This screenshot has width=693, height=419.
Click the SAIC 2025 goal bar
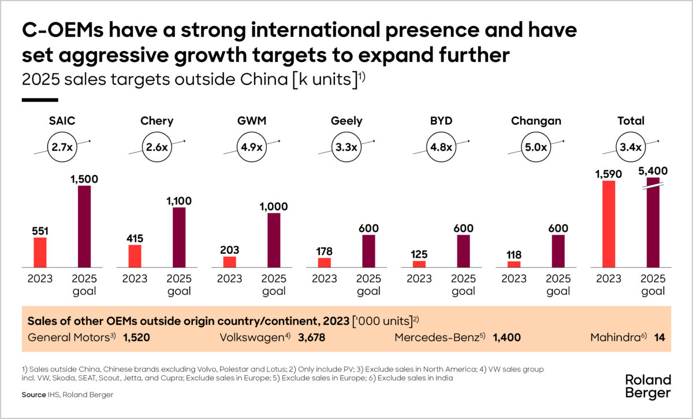pyautogui.click(x=84, y=226)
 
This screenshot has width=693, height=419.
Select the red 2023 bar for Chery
pyautogui.click(x=135, y=256)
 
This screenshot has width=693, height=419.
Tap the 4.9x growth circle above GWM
pyautogui.click(x=251, y=147)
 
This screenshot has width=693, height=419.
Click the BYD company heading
pyautogui.click(x=441, y=121)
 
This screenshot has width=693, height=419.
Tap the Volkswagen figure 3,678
pyautogui.click(x=312, y=338)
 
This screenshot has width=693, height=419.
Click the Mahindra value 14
pyautogui.click(x=660, y=338)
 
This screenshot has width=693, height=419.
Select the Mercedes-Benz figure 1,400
pyautogui.click(x=508, y=338)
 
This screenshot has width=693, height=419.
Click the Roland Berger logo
pyautogui.click(x=648, y=386)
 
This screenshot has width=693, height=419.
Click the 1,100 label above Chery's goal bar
pyautogui.click(x=179, y=201)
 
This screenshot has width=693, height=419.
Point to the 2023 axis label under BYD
pyautogui.click(x=419, y=279)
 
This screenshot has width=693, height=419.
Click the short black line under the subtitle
pyautogui.click(x=39, y=100)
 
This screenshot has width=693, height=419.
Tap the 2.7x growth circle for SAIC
pyautogui.click(x=61, y=147)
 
